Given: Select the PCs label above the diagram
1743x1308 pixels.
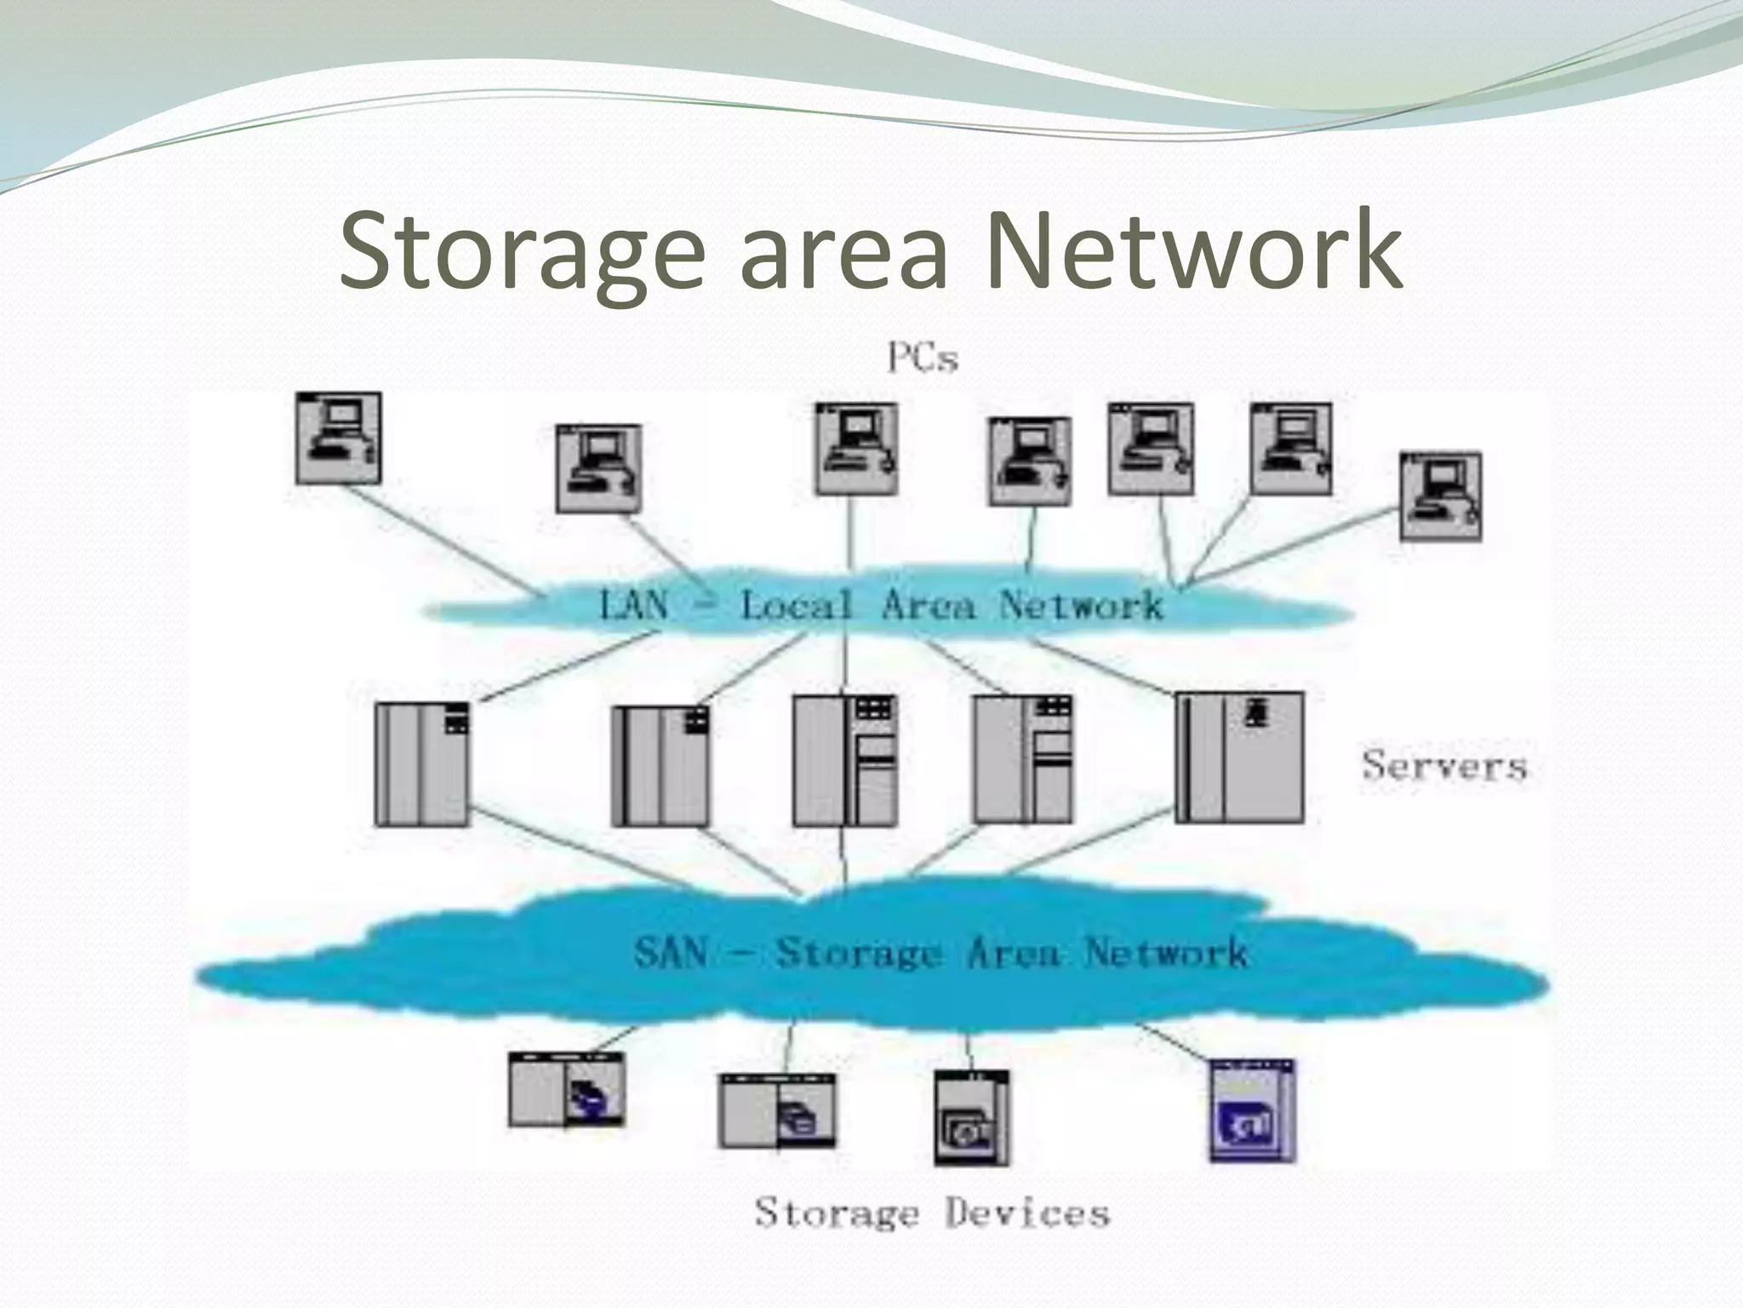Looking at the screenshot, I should click(x=923, y=359).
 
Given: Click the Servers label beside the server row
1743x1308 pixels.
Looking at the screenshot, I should click(x=1444, y=766).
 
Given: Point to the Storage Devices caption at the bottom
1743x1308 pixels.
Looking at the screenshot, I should click(x=932, y=1213).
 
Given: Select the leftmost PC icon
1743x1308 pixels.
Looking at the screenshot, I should click(x=338, y=439).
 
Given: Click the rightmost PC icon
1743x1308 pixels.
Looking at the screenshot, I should click(x=1440, y=497).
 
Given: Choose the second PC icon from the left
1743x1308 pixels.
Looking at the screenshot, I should click(x=597, y=468).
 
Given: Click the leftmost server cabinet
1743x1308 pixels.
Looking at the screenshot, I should click(x=421, y=764).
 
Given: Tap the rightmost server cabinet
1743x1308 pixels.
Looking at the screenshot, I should click(x=1239, y=757).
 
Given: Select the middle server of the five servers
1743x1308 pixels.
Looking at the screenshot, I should click(x=844, y=760).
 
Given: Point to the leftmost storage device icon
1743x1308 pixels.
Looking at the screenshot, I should click(x=566, y=1089).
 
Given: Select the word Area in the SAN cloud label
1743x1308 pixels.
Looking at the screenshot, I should click(x=1012, y=951).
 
